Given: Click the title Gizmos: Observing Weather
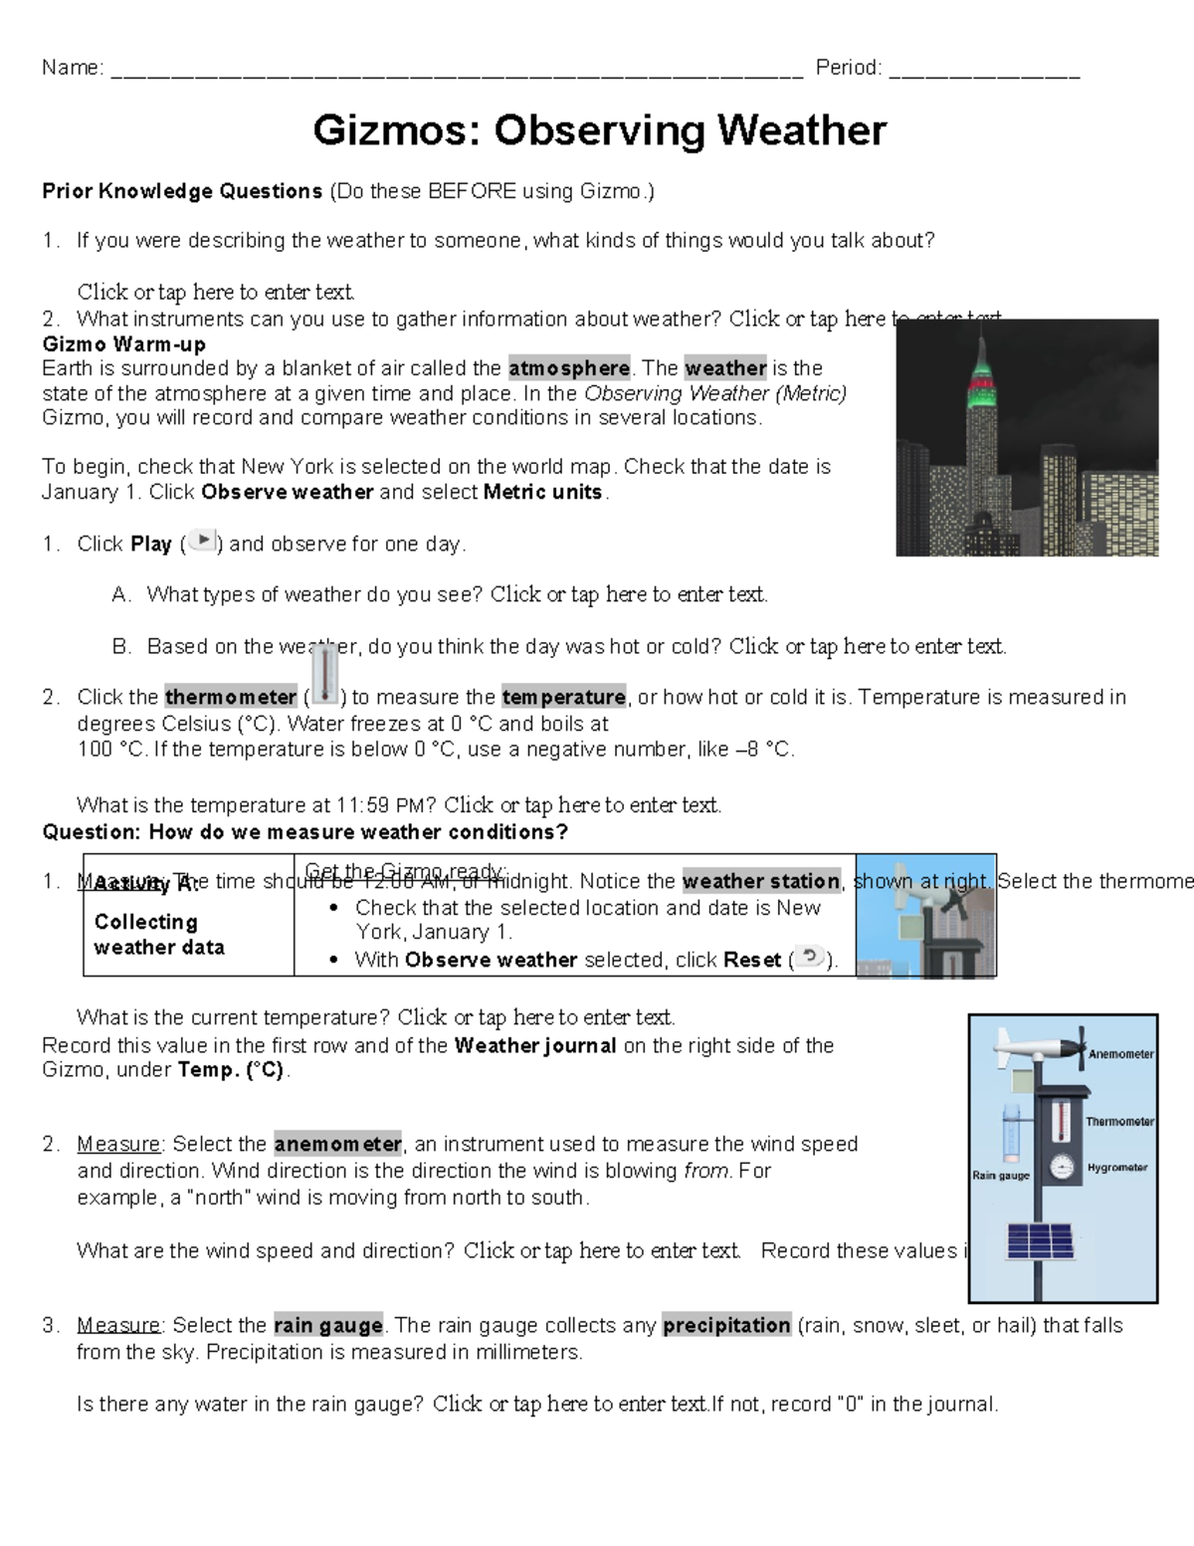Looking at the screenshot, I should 599,130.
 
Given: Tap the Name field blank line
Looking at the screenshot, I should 457,70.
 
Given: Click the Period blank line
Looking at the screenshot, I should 984,70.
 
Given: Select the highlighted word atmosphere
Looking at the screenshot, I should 569,368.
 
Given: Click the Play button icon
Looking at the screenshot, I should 202,541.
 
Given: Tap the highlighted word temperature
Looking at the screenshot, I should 563,697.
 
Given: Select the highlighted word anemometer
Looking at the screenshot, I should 338,1144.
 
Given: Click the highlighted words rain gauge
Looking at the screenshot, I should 328,1326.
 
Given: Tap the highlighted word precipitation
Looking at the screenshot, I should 726,1326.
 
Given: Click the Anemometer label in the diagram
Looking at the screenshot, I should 1120,1054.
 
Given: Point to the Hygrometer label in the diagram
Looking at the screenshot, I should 1116,1168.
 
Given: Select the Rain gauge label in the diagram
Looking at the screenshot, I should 1000,1176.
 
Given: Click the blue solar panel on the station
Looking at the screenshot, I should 1040,1241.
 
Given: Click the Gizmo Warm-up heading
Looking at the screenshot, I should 124,344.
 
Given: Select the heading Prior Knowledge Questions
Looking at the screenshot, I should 182,191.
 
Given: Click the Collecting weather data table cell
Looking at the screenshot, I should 159,935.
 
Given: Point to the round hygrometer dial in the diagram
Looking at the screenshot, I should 1064,1167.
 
